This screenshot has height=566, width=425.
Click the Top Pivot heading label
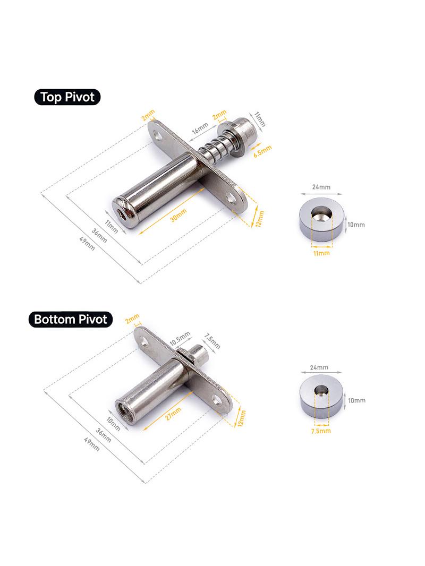pyautogui.click(x=67, y=97)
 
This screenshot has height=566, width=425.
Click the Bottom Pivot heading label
pyautogui.click(x=71, y=320)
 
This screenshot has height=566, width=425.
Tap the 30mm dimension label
pyautogui.click(x=178, y=216)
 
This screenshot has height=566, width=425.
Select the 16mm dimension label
pyautogui.click(x=200, y=128)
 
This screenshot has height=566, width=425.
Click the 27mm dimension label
pyautogui.click(x=173, y=414)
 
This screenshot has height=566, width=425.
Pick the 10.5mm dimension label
pyautogui.click(x=180, y=339)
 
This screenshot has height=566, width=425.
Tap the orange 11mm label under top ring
pyautogui.click(x=321, y=253)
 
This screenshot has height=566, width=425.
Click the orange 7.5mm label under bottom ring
pyautogui.click(x=321, y=431)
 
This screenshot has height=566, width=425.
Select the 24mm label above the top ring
pyautogui.click(x=321, y=187)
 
